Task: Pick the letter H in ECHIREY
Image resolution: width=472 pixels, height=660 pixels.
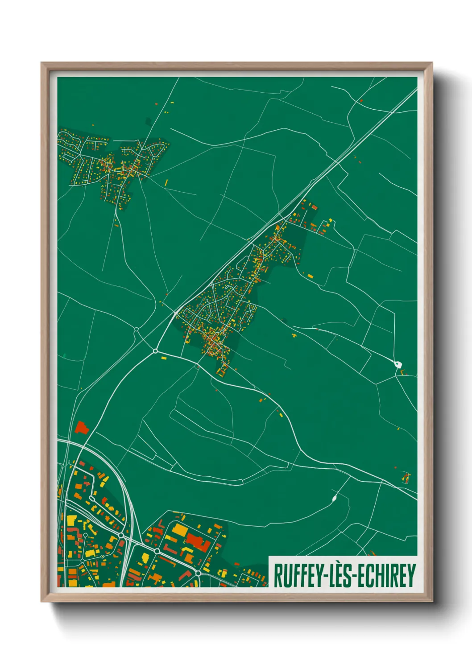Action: [x=381, y=576]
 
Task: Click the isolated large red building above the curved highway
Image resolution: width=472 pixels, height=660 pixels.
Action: [x=81, y=427]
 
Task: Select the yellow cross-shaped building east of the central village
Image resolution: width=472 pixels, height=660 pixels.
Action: [x=294, y=334]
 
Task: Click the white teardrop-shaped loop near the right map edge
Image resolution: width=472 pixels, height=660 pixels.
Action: [x=397, y=364]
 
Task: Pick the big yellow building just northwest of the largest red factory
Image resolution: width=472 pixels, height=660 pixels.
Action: [x=180, y=530]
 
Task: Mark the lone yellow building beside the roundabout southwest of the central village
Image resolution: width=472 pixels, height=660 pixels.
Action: [x=162, y=357]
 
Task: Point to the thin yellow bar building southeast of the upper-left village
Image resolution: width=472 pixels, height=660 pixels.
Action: [x=167, y=182]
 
